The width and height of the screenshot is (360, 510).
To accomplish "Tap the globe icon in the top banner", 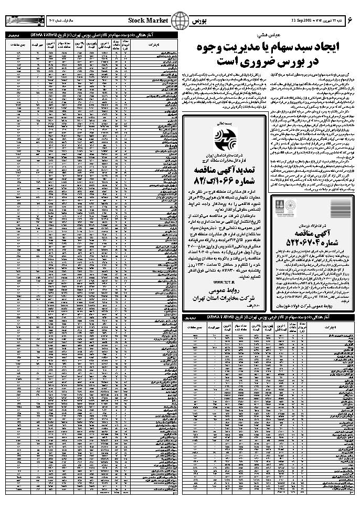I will pos(180,20).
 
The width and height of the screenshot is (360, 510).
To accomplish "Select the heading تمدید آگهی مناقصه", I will pos(224,171).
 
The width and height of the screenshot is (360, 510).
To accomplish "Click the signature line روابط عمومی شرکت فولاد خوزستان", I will pos(308,304).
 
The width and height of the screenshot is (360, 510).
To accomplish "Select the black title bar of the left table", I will pos(90,34).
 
